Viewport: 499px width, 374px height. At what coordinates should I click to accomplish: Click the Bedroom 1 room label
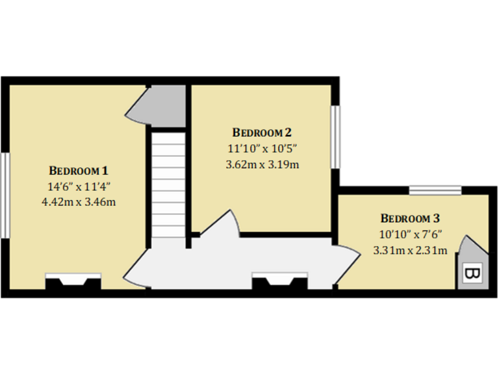point(79,171)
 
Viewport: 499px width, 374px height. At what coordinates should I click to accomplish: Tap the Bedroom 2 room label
point(262,132)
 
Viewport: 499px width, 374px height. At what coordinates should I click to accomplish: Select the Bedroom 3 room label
point(410,218)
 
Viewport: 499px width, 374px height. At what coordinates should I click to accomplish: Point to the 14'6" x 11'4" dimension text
point(79,186)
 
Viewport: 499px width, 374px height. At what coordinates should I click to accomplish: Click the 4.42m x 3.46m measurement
point(79,201)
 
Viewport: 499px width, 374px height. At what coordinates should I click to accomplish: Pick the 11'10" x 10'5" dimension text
point(262,149)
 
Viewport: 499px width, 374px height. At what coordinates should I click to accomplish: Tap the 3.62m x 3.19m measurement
point(262,164)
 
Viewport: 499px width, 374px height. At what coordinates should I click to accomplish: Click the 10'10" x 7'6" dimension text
point(410,234)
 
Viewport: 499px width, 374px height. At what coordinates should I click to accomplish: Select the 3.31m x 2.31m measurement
point(410,250)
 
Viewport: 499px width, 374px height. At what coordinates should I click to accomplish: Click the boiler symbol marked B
point(470,274)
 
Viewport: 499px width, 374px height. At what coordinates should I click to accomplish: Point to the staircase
point(168,184)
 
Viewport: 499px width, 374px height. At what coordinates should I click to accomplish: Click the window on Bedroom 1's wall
point(5,195)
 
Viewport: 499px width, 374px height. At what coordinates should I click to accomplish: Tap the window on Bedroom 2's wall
point(336,136)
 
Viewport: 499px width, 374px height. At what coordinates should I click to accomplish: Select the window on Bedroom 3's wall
point(435,190)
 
